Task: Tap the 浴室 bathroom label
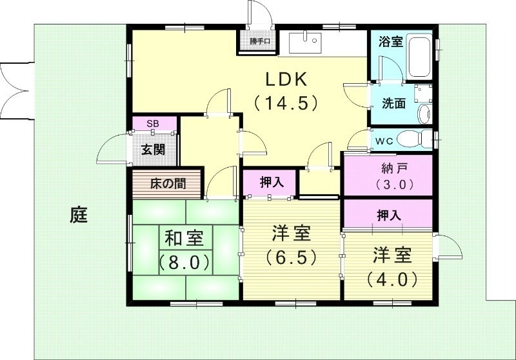[x=390, y=42]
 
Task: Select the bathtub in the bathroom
[x=422, y=57]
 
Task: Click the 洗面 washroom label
[x=393, y=103]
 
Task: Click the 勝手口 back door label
[x=261, y=43]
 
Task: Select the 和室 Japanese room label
[x=184, y=239]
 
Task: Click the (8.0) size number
[x=184, y=263]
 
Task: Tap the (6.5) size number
[x=292, y=257]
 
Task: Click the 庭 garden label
[x=79, y=215]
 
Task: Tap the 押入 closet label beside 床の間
[x=272, y=183]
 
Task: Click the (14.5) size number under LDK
[x=288, y=102]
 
